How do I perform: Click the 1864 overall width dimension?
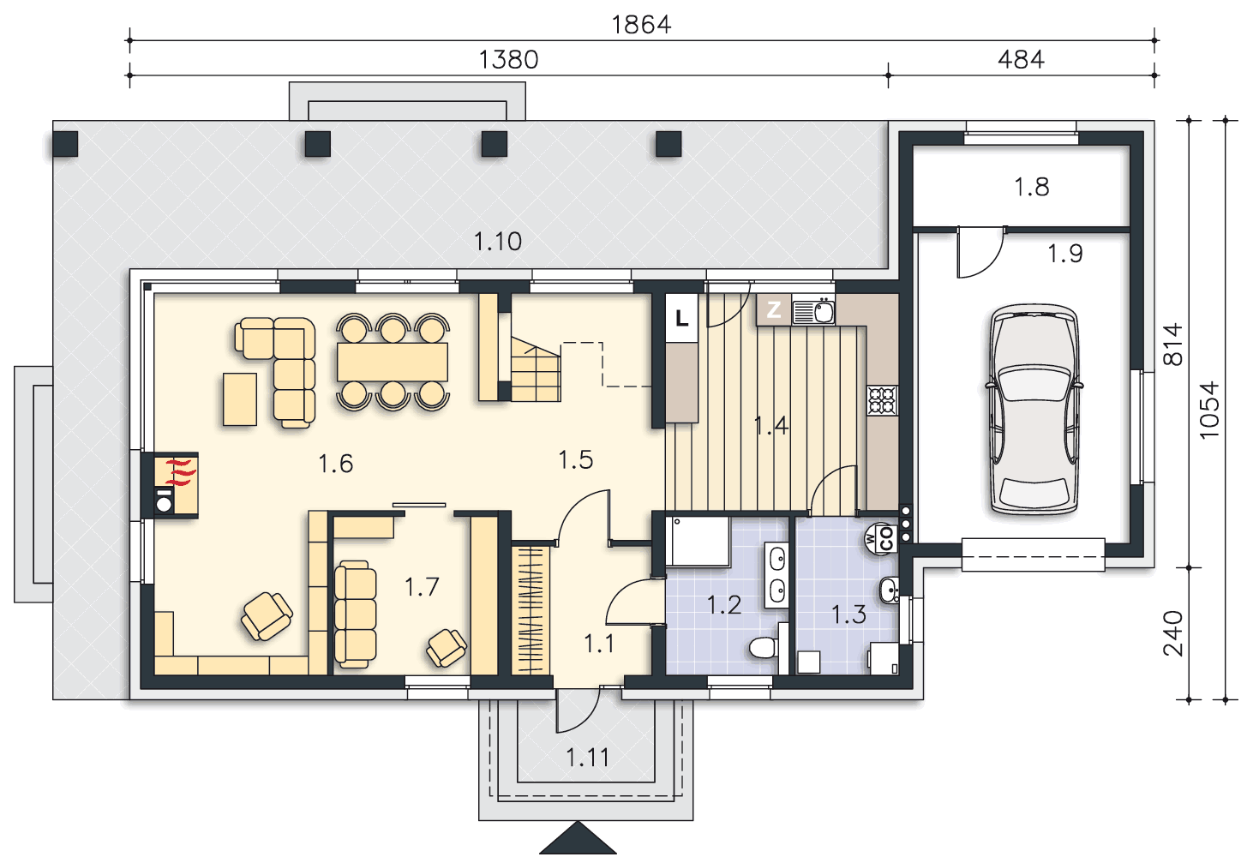coord(641,25)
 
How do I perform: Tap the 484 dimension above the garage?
coord(1021,60)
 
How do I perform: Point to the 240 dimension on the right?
coord(1172,633)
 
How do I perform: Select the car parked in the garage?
coord(1034,410)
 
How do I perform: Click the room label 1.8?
coord(1032,187)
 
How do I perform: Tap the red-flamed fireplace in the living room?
coord(176,485)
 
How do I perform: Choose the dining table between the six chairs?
coord(393,362)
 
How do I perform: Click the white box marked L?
coord(681,318)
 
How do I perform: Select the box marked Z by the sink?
coord(773,309)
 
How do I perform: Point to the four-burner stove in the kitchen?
coord(883,400)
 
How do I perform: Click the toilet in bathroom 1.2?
coord(764,647)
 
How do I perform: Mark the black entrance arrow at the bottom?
coord(578,837)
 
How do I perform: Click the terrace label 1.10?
coord(497,242)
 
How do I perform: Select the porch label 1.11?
coord(587,758)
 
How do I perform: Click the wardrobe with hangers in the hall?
coord(531,610)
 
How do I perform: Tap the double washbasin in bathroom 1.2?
coord(776,575)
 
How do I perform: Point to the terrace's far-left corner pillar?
coord(65,144)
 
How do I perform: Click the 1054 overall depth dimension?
coord(1209,410)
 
